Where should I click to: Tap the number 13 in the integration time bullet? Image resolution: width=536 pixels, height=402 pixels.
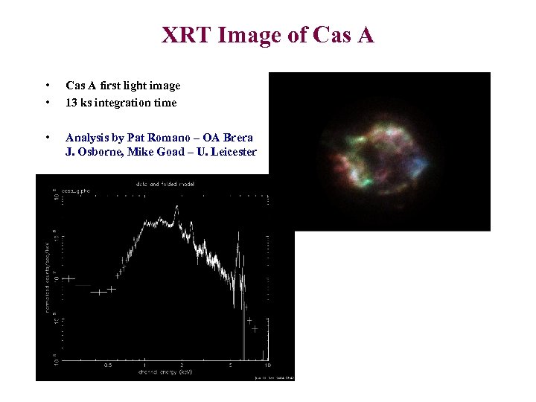click(x=71, y=103)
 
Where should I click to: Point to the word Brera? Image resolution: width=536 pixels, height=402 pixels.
click(x=238, y=138)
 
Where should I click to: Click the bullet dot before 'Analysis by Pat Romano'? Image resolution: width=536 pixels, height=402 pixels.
click(x=48, y=138)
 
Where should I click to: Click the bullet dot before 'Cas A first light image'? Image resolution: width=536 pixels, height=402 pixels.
click(x=48, y=86)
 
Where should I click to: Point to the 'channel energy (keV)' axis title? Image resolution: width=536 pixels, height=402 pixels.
click(x=165, y=371)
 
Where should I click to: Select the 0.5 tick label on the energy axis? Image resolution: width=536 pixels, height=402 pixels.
click(x=109, y=364)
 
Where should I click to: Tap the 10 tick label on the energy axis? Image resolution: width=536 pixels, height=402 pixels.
click(x=267, y=364)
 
